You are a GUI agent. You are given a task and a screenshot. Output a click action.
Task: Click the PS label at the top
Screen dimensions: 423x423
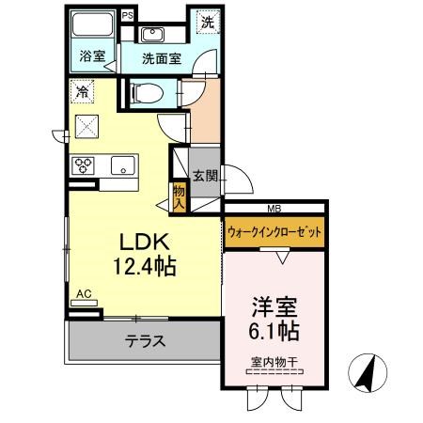(x=128, y=15)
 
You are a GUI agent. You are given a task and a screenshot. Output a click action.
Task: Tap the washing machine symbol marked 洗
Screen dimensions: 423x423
(x=208, y=22)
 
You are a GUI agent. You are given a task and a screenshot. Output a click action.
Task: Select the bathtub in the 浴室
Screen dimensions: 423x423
(x=92, y=23)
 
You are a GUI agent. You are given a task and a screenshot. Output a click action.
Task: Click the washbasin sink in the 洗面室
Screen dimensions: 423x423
(x=152, y=34)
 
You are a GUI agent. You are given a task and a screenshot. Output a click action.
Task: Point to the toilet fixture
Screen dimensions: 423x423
(x=147, y=93)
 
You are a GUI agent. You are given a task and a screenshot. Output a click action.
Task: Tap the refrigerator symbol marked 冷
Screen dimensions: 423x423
(x=82, y=91)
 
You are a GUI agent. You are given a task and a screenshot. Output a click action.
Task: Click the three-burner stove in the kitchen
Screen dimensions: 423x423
(x=83, y=165)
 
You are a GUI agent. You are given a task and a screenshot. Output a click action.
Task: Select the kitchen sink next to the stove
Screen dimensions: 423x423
(x=123, y=165)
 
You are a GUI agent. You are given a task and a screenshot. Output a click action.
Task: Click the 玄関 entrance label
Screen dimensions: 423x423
(x=205, y=176)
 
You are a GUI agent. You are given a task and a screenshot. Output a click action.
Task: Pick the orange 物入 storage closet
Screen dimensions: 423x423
(x=180, y=197)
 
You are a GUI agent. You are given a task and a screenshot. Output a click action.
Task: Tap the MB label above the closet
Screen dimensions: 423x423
(x=274, y=209)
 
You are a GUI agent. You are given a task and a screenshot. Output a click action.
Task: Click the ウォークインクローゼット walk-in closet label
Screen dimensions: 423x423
(x=274, y=232)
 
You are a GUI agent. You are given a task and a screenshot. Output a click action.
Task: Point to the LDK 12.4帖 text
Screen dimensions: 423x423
(x=145, y=254)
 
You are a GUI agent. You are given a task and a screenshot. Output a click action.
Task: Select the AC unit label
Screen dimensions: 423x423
(x=85, y=294)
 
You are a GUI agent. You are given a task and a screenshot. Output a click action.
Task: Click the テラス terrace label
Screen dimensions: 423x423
(x=145, y=340)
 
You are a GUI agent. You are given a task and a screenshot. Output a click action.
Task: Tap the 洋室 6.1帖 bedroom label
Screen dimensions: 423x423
(x=274, y=319)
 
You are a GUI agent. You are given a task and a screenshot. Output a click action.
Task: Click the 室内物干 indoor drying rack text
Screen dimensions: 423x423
(x=274, y=362)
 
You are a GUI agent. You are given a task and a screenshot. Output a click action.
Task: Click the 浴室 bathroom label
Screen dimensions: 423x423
(x=92, y=56)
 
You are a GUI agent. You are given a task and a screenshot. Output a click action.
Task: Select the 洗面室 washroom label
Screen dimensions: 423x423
(x=162, y=58)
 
